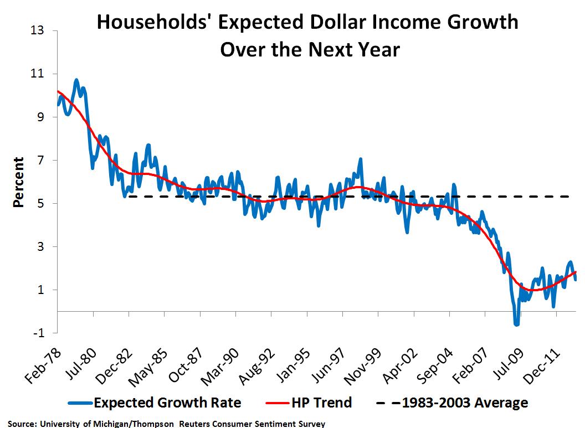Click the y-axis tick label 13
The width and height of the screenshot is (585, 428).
pyautogui.click(x=38, y=30)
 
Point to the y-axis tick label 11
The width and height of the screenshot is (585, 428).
pyautogui.click(x=38, y=74)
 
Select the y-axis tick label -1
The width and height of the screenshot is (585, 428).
pyautogui.click(x=39, y=333)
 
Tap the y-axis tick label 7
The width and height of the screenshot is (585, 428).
pyautogui.click(x=42, y=161)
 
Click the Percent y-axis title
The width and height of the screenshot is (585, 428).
pyautogui.click(x=19, y=182)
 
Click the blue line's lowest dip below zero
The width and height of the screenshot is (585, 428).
pyautogui.click(x=517, y=324)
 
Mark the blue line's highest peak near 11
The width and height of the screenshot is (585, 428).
pyautogui.click(x=76, y=80)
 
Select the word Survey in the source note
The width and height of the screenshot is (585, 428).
pyautogui.click(x=311, y=424)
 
